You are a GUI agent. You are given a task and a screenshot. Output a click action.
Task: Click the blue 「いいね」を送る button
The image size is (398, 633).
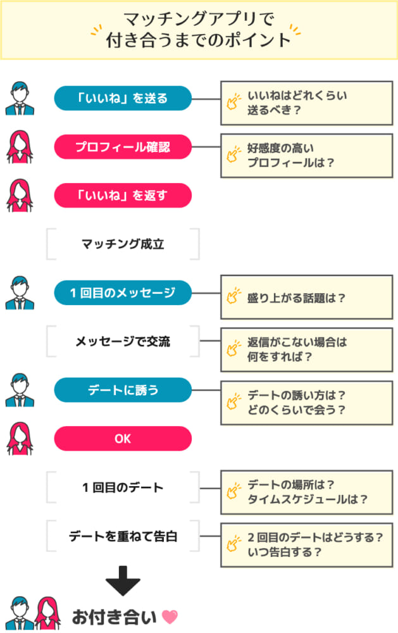[123, 98]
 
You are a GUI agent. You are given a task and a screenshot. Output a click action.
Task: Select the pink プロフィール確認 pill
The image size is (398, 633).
[123, 147]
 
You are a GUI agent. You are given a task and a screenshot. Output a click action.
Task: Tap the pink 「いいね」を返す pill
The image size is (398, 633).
[123, 196]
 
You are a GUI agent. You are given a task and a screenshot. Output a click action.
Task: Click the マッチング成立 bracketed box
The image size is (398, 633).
[123, 244]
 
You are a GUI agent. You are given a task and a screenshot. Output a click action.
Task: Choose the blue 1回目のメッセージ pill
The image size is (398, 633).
[123, 293]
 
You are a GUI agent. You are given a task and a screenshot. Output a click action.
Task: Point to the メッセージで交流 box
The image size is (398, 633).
[123, 342]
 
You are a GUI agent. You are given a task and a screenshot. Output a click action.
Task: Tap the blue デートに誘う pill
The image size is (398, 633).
[123, 391]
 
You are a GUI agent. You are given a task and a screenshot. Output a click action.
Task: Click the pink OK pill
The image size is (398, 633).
[123, 439]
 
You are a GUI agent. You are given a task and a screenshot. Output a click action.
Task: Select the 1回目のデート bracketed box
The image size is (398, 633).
[123, 487]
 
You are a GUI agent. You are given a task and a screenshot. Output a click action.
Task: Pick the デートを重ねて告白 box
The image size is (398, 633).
[123, 536]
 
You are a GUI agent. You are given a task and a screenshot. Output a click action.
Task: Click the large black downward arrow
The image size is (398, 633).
[122, 579]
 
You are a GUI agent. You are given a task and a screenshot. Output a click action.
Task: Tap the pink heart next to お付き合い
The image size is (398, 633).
[170, 616]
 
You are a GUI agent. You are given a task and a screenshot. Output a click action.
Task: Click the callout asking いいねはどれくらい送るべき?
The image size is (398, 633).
[306, 103]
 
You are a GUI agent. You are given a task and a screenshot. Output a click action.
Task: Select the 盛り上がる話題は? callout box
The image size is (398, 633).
[306, 297]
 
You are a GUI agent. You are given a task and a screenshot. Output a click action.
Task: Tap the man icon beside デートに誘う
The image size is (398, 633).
[20, 391]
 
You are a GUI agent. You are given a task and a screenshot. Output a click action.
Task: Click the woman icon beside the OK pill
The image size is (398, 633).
[20, 439]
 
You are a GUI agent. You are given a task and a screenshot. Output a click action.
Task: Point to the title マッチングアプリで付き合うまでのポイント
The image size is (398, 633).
[199, 29]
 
